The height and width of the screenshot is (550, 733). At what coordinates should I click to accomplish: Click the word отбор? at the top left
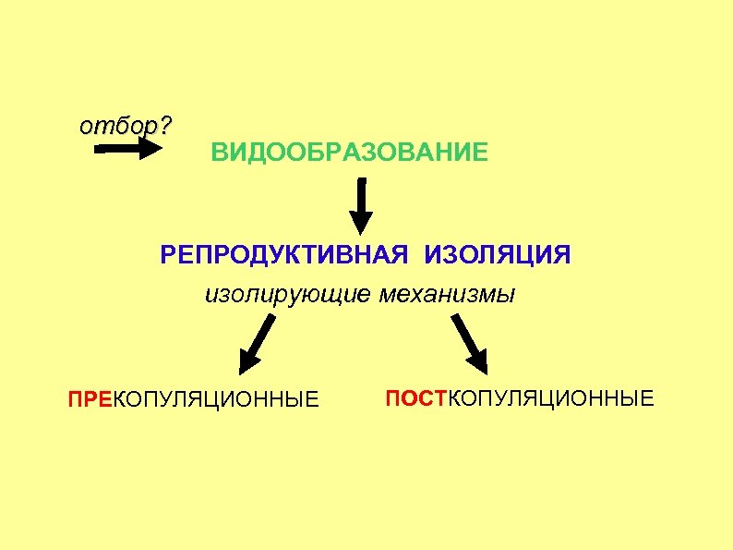[x=125, y=126]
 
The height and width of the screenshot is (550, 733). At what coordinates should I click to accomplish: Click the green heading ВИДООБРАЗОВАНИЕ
[x=349, y=152]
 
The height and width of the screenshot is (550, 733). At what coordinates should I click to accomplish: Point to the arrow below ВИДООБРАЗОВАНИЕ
[x=361, y=206]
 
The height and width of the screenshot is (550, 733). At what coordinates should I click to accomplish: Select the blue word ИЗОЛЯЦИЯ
[x=498, y=254]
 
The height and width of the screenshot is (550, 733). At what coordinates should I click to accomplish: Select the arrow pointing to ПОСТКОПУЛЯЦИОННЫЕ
[x=470, y=342]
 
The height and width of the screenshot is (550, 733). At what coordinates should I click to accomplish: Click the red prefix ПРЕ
[x=88, y=400]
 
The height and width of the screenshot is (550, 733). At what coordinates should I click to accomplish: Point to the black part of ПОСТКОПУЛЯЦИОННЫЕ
[x=555, y=398]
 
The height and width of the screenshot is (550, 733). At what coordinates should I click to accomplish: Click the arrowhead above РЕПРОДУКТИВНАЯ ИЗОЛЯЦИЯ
[x=361, y=221]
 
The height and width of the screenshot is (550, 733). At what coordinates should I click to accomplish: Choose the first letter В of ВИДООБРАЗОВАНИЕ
[x=218, y=152]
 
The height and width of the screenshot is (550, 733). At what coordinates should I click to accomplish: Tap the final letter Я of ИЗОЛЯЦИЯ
[x=561, y=254]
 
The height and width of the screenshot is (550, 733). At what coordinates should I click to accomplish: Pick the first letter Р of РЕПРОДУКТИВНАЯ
[x=167, y=254]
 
